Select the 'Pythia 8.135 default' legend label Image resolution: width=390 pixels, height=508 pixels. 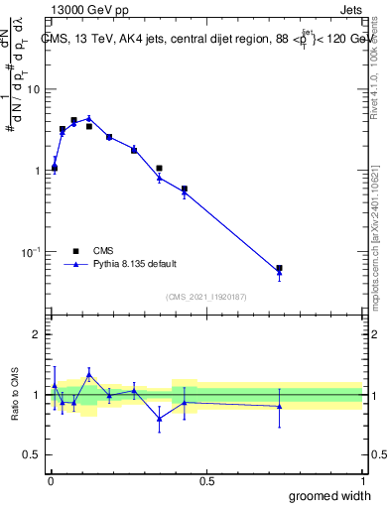pos(136,264)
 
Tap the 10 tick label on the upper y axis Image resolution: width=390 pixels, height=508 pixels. pos(33,89)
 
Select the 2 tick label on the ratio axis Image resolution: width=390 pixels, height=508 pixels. pos(38,334)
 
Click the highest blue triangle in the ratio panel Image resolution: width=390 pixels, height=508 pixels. pos(89,374)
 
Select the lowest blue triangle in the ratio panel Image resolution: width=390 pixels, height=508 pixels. pos(159,419)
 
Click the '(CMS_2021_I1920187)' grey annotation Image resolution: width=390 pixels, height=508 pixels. pos(206,297)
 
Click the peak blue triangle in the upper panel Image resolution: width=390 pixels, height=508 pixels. pos(89,118)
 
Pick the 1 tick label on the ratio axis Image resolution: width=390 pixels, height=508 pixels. pos(38,395)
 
